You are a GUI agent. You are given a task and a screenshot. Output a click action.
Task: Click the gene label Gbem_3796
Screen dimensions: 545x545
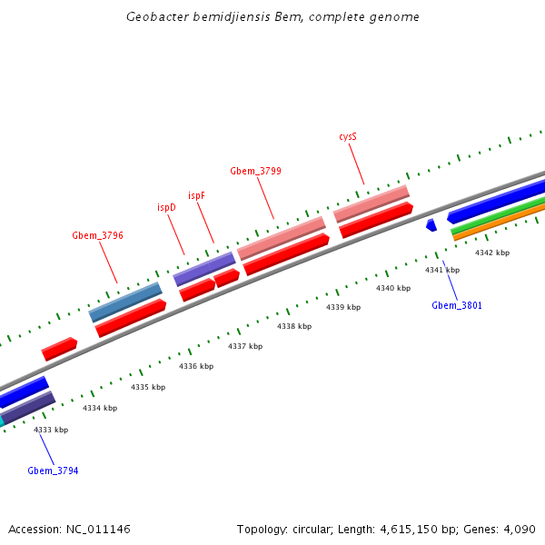(x=97, y=235)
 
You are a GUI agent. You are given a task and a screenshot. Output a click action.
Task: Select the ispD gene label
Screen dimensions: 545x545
(x=166, y=207)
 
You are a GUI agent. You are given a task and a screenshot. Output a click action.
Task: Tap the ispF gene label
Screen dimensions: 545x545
(x=196, y=196)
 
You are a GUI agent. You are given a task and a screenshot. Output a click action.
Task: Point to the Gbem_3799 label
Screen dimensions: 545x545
(x=255, y=171)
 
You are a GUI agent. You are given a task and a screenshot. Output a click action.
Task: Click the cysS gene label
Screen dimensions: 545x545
(x=348, y=136)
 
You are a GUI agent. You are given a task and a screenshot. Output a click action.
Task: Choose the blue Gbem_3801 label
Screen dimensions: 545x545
(x=457, y=305)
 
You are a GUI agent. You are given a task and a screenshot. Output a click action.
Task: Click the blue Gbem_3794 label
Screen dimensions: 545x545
(x=53, y=471)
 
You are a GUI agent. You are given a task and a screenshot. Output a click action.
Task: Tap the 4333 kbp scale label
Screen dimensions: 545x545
(x=51, y=430)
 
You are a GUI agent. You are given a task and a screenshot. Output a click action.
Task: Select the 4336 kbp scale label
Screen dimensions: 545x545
(x=196, y=366)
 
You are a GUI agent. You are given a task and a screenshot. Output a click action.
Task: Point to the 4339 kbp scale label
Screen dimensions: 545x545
(x=343, y=307)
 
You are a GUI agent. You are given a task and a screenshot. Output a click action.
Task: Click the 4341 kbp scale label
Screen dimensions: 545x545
(x=442, y=270)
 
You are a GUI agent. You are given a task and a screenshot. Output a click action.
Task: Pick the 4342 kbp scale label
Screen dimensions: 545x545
(x=492, y=253)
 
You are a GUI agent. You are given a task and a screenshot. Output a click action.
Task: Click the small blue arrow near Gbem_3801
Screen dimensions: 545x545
(x=431, y=224)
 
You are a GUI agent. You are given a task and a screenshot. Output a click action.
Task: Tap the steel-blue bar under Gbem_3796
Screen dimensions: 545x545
(x=125, y=302)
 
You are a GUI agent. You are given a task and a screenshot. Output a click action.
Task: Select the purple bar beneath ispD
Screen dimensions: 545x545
(x=204, y=269)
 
